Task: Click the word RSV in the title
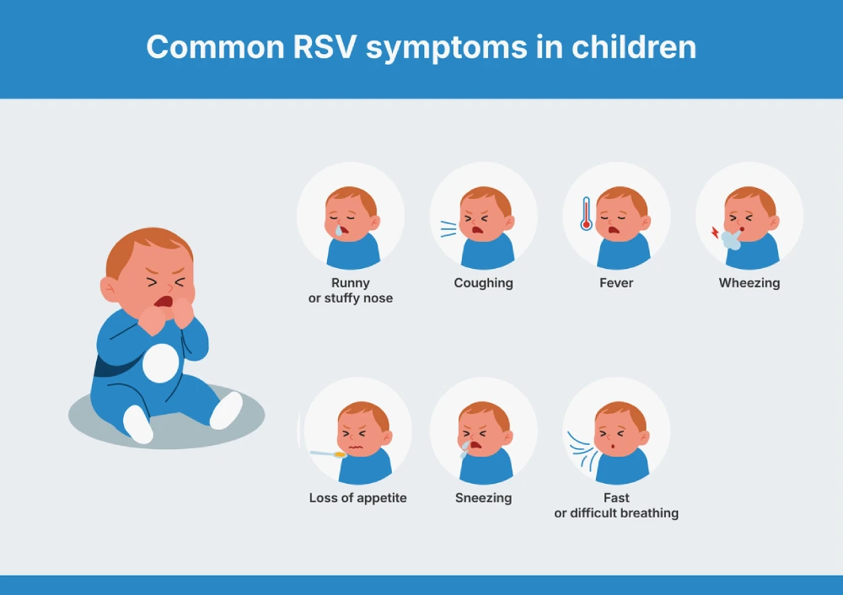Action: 325,46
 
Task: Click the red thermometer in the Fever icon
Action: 586,214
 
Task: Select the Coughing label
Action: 483,283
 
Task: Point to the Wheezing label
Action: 749,283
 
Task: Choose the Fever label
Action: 616,282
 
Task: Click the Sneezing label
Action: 483,498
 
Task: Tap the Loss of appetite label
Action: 357,498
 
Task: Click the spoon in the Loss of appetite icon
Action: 328,454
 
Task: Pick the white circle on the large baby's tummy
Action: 160,363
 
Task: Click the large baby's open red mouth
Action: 164,302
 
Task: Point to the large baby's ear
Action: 109,289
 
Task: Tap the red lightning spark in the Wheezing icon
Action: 715,233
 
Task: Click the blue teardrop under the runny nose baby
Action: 339,230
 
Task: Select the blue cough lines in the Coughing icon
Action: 448,228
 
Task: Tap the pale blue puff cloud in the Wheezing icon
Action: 731,239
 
